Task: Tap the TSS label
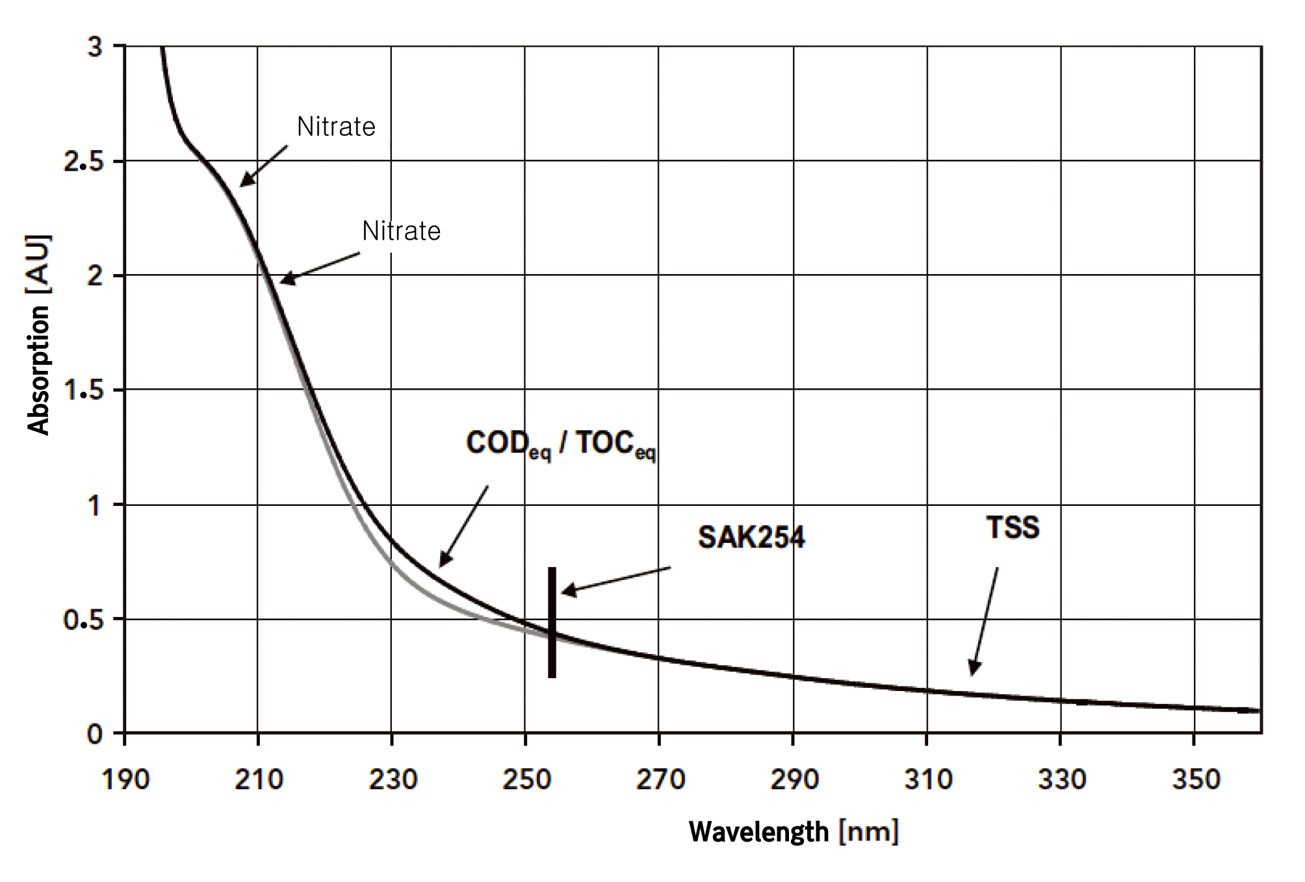(1013, 527)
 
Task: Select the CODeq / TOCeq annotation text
(561, 445)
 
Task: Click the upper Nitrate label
(336, 127)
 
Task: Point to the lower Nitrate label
(401, 231)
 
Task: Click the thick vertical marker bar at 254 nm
(552, 622)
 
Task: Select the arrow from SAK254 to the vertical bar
(616, 579)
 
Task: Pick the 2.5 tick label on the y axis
(84, 161)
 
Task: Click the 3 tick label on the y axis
(95, 47)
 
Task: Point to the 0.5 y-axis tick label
(84, 620)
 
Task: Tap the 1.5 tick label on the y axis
(84, 390)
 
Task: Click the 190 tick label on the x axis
(125, 779)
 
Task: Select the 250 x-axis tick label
(526, 779)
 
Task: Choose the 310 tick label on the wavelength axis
(927, 779)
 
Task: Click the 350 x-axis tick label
(1195, 779)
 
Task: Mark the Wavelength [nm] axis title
(794, 832)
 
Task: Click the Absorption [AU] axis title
(39, 334)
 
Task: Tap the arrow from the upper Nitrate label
(264, 166)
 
